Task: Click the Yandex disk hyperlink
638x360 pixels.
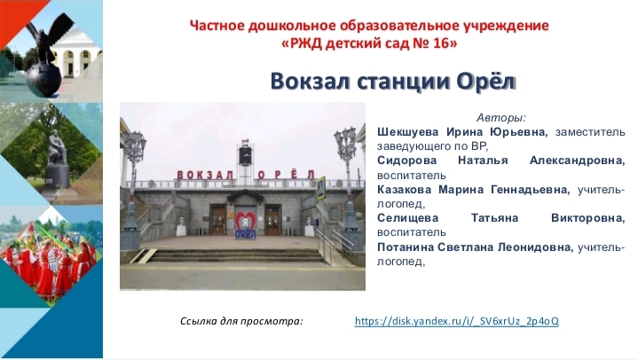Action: coord(456,321)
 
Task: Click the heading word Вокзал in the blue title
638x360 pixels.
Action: coord(310,81)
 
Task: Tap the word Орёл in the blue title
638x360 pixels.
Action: coord(486,81)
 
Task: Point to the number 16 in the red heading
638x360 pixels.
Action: coord(440,43)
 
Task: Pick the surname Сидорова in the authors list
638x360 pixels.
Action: coord(407,160)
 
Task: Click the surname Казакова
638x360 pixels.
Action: coord(404,189)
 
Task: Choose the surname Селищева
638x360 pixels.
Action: coord(407,218)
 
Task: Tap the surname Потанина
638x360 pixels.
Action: coord(407,247)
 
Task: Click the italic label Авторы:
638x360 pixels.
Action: coord(500,118)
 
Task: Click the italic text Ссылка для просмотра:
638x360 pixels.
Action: coord(241,321)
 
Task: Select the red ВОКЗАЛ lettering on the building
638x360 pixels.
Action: coord(205,175)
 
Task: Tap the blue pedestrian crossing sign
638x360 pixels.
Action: coord(321,187)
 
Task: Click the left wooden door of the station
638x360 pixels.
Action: coord(218,220)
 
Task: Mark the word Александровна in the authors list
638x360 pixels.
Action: coord(577,160)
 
